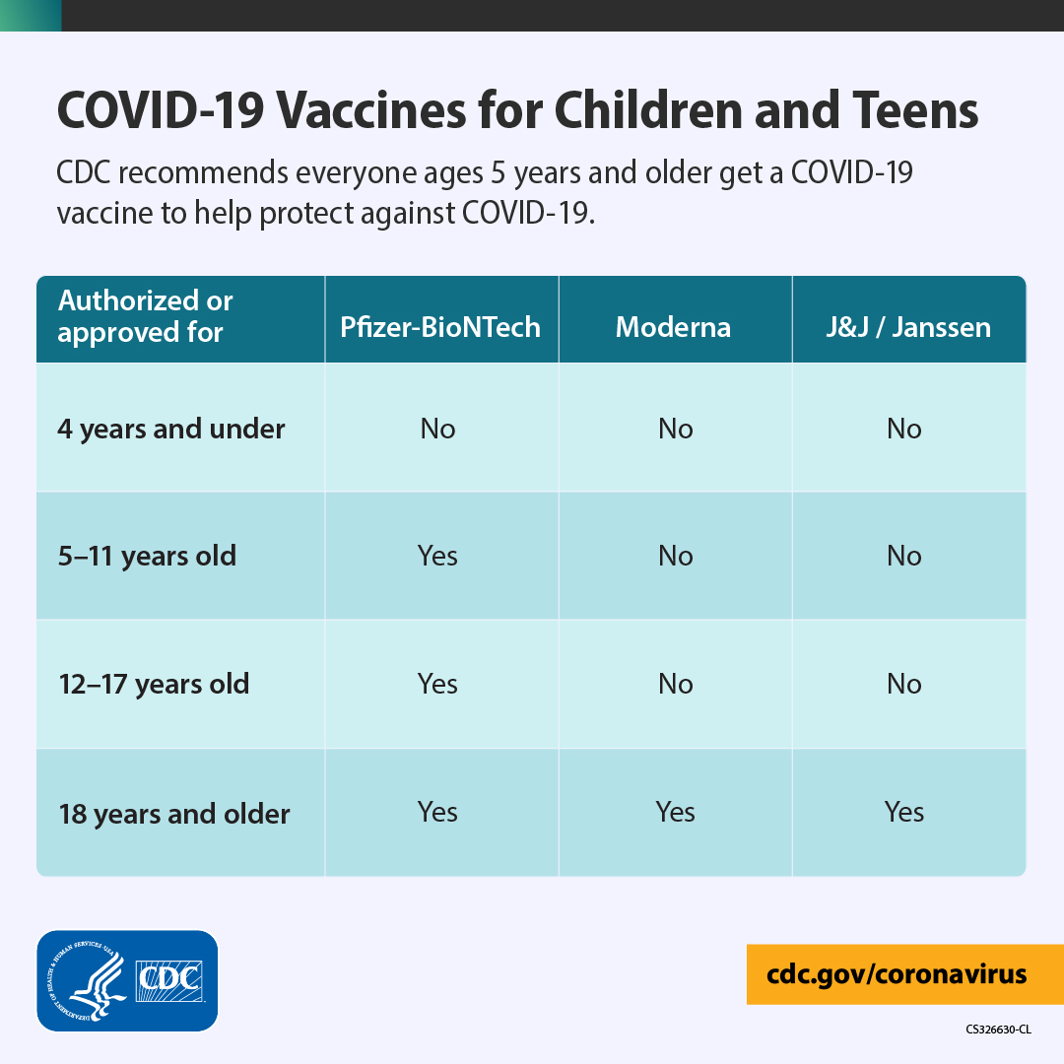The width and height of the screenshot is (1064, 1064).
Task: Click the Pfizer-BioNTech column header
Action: (440, 327)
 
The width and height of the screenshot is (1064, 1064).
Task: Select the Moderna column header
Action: (673, 327)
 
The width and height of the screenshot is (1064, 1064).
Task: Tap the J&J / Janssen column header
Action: (908, 327)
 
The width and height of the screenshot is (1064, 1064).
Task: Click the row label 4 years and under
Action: (171, 429)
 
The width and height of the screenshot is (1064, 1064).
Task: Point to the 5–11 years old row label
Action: (147, 556)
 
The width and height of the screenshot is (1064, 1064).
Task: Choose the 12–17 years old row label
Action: (154, 684)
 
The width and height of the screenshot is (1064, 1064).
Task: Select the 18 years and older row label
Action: (174, 814)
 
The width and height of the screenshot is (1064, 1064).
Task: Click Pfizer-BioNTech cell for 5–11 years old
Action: (437, 556)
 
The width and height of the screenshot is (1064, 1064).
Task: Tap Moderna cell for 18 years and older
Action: (675, 812)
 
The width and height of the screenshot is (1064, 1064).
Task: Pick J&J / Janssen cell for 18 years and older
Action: (903, 812)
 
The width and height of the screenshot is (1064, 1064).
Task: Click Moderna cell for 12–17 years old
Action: (675, 684)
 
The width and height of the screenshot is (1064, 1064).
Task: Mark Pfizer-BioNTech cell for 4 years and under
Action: (437, 429)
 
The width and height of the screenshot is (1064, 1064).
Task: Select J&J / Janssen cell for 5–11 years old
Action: (903, 556)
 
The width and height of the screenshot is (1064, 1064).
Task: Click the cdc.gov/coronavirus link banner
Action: (905, 974)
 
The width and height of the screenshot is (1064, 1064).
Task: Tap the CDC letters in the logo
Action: (169, 980)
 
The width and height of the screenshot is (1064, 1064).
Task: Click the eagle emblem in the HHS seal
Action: (100, 985)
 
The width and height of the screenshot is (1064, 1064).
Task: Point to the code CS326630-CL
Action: (998, 1030)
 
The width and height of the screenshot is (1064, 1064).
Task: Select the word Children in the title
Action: (648, 110)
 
